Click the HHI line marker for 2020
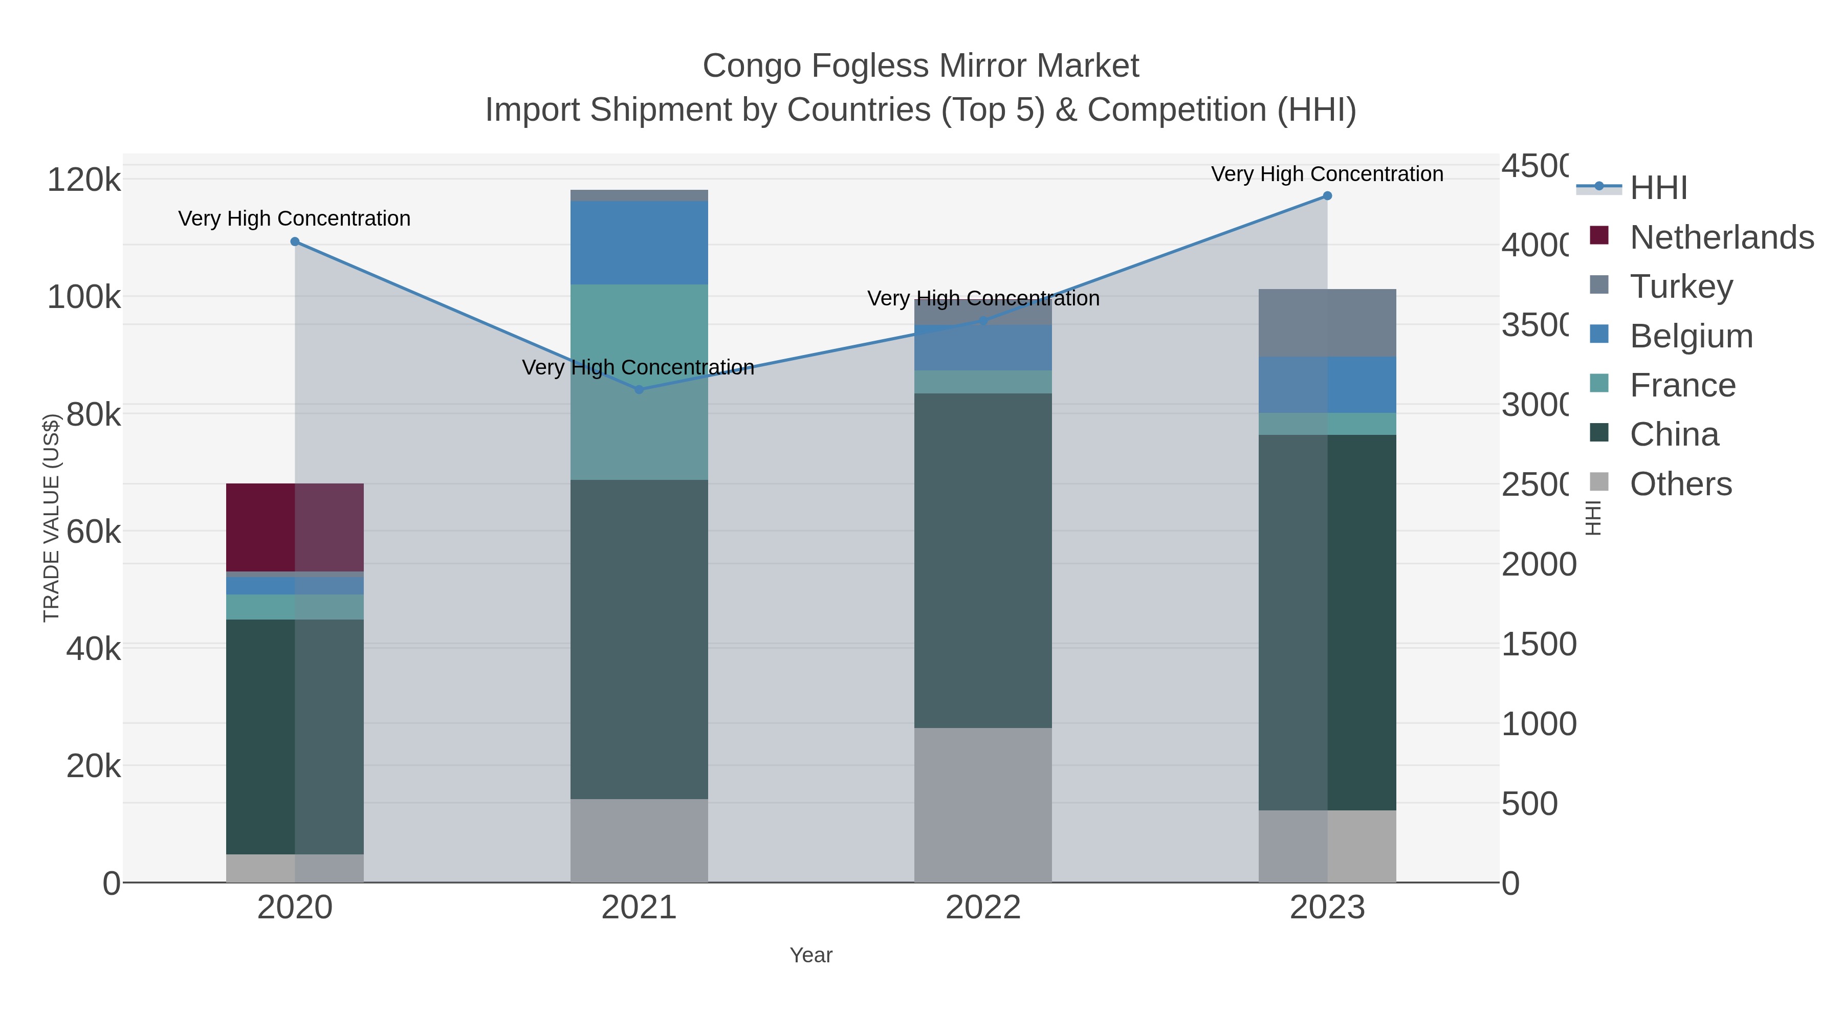coord(295,241)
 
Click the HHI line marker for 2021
coord(639,390)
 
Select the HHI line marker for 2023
coord(1327,196)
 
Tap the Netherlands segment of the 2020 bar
coord(295,527)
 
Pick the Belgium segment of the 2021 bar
coord(639,243)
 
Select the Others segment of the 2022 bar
coord(983,805)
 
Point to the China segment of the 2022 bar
coord(983,561)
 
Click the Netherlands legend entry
coord(1721,237)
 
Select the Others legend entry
coord(1680,484)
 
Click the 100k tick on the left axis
coord(84,297)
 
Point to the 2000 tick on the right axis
coord(1538,565)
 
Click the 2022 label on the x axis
coord(983,908)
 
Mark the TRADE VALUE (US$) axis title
coord(52,518)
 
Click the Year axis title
coord(811,955)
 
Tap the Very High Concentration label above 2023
coord(1327,174)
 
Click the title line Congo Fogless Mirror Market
coord(920,66)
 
